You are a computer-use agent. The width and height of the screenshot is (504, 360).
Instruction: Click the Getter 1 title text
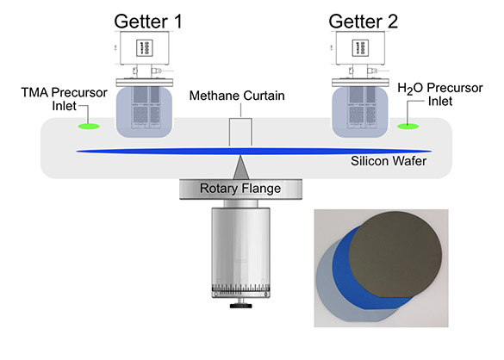[x=148, y=22]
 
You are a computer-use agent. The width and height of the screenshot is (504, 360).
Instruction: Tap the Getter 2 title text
[x=364, y=22]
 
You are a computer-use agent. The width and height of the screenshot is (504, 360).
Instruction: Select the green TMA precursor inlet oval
[x=89, y=127]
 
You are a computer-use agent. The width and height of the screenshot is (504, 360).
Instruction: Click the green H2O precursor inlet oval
[x=408, y=127]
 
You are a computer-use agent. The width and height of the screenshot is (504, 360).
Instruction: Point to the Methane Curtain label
[x=237, y=96]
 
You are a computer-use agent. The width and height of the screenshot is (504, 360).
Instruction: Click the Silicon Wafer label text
[x=389, y=161]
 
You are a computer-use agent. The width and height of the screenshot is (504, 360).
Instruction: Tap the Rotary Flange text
[x=240, y=189]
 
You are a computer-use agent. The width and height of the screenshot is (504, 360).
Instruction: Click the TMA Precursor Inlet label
[x=65, y=99]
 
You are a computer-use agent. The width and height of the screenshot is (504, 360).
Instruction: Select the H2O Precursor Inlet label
[x=440, y=94]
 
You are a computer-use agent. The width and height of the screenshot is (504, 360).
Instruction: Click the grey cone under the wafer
[x=240, y=169]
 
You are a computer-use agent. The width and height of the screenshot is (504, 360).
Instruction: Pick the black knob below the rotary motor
[x=240, y=306]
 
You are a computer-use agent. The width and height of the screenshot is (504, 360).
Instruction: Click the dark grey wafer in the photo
[x=395, y=255]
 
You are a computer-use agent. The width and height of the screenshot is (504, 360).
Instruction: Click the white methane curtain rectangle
[x=240, y=132]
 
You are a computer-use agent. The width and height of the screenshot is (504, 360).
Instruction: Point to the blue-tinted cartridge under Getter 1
[x=144, y=112]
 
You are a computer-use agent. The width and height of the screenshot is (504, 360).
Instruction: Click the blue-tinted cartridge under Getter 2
[x=359, y=112]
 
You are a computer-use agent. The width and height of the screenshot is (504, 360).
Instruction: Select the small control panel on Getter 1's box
[x=145, y=48]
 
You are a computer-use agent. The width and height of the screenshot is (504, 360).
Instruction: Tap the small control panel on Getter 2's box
[x=360, y=48]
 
